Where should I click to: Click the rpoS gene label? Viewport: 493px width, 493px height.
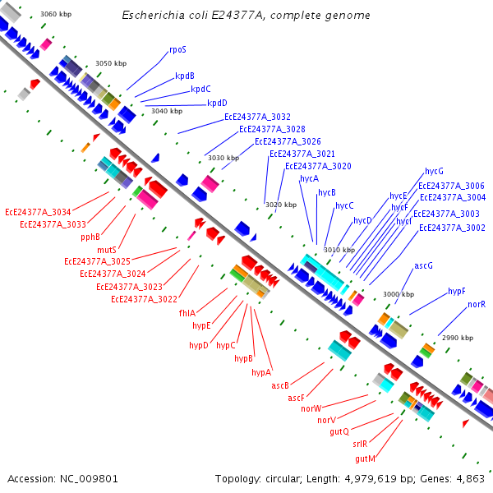177,49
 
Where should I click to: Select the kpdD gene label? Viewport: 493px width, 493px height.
217,103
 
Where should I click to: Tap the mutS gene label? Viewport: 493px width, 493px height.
107,250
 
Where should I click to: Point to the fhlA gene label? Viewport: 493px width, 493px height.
187,313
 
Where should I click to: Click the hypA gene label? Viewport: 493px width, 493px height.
261,372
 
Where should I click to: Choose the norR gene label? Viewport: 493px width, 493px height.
477,304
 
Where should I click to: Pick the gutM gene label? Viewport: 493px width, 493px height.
365,459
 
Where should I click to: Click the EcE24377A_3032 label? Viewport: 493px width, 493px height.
257,117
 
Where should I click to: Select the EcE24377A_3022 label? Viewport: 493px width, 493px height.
144,299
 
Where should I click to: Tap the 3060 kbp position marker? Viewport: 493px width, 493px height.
56,14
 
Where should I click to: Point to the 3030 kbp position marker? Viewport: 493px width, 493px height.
223,158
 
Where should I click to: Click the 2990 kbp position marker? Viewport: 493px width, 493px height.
458,338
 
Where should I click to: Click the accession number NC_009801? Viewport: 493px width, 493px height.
89,479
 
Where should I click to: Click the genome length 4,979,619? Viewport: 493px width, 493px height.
371,479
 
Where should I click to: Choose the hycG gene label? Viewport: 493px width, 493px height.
434,172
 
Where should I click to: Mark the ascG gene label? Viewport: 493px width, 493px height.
423,266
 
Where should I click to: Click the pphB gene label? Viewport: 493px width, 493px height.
90,237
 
